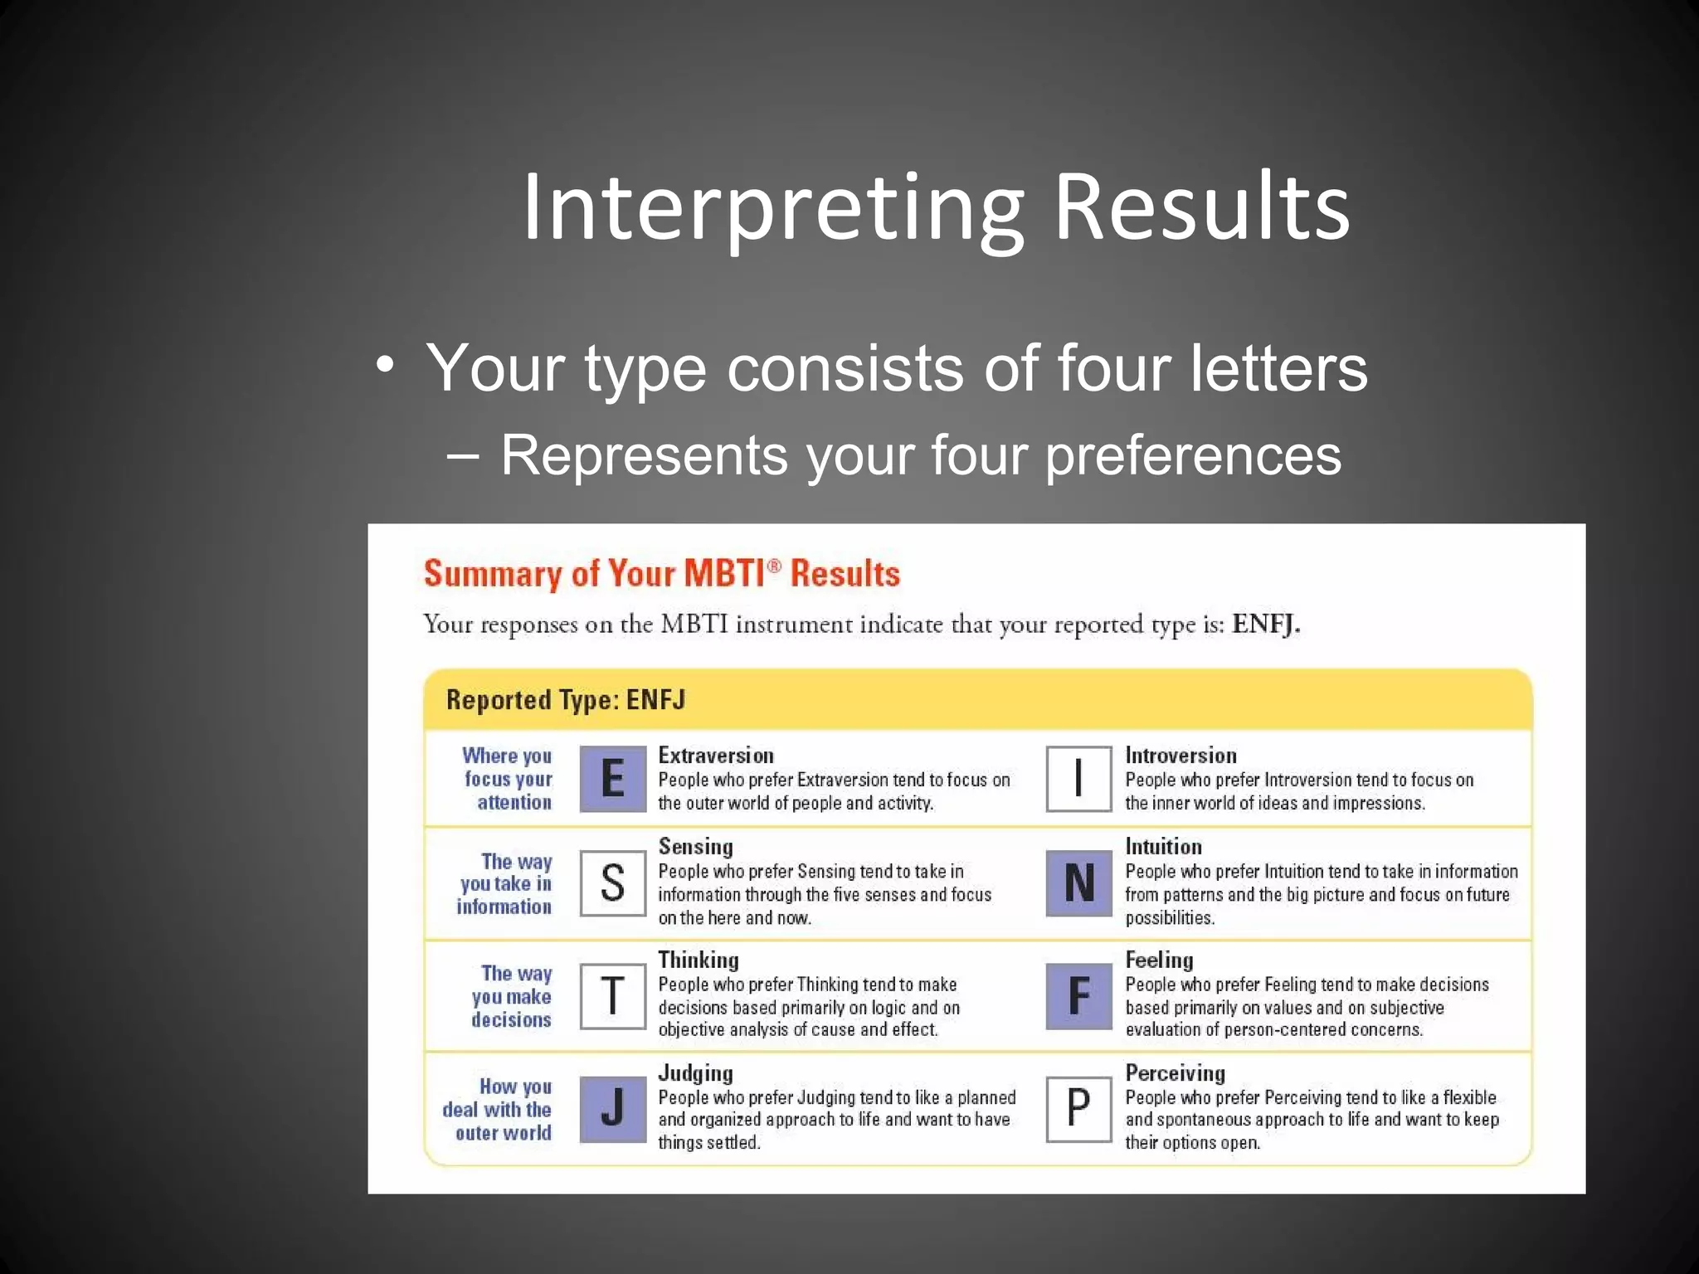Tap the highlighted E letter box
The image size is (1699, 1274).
612,779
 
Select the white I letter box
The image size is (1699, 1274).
1078,779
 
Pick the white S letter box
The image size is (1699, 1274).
612,883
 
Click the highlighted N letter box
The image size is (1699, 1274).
1078,883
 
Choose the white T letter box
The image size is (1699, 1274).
612,996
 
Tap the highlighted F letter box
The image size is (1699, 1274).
1078,996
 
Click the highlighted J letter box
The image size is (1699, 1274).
612,1109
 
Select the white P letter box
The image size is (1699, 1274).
1078,1109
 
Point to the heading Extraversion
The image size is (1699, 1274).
715,756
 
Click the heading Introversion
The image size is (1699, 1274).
1181,756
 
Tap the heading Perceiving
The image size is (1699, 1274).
1175,1073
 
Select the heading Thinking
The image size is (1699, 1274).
698,960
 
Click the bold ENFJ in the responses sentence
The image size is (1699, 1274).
1265,624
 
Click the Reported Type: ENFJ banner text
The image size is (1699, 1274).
566,700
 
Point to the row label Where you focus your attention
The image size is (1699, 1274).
508,779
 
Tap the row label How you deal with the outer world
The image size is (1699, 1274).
498,1109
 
